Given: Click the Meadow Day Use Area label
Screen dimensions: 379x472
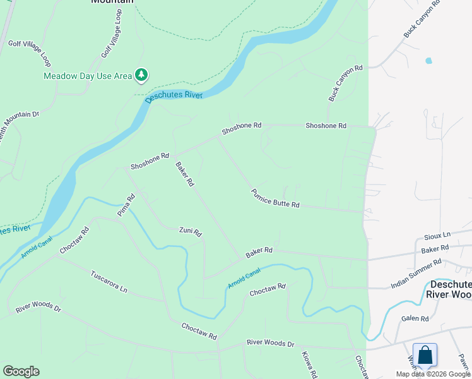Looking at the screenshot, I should (87, 76).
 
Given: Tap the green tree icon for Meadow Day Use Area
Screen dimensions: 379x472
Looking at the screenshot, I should (141, 76).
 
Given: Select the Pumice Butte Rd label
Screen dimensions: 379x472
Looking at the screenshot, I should (274, 198).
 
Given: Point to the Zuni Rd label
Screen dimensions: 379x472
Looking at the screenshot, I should (190, 232).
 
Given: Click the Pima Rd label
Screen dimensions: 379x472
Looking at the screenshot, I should (126, 205).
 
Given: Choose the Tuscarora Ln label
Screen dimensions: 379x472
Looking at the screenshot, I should (109, 282).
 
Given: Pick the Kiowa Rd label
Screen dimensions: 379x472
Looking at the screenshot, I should (308, 365).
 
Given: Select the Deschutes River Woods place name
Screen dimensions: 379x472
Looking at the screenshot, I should (449, 289).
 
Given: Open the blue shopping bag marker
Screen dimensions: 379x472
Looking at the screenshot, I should (425, 355).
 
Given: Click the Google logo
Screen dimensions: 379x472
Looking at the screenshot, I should (21, 371).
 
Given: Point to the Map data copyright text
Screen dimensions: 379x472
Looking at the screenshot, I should (433, 374).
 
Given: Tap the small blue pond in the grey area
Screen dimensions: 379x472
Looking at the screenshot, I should (429, 61).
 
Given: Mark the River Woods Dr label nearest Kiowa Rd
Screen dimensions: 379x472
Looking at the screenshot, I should (271, 343).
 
